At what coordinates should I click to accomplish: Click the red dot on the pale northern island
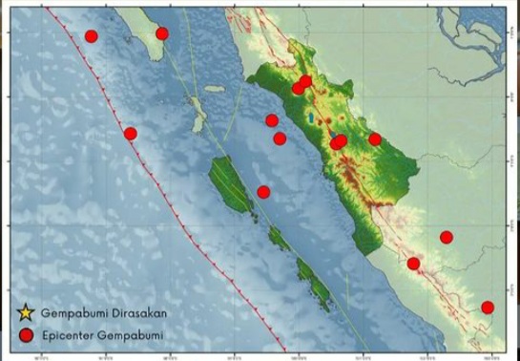[x=162, y=33]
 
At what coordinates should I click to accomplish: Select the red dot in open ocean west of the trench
[x=91, y=36]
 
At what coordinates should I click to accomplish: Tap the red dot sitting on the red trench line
[x=131, y=134]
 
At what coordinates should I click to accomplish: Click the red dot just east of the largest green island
[x=264, y=192]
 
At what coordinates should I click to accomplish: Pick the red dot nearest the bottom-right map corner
[x=488, y=308]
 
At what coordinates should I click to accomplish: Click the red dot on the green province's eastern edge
[x=375, y=139]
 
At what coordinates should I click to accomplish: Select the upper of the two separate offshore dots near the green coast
[x=272, y=120]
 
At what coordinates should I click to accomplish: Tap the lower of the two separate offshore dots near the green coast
[x=280, y=138]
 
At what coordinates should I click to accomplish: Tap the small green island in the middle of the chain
[x=278, y=238]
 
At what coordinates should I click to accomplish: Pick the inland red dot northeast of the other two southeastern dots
[x=446, y=237]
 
